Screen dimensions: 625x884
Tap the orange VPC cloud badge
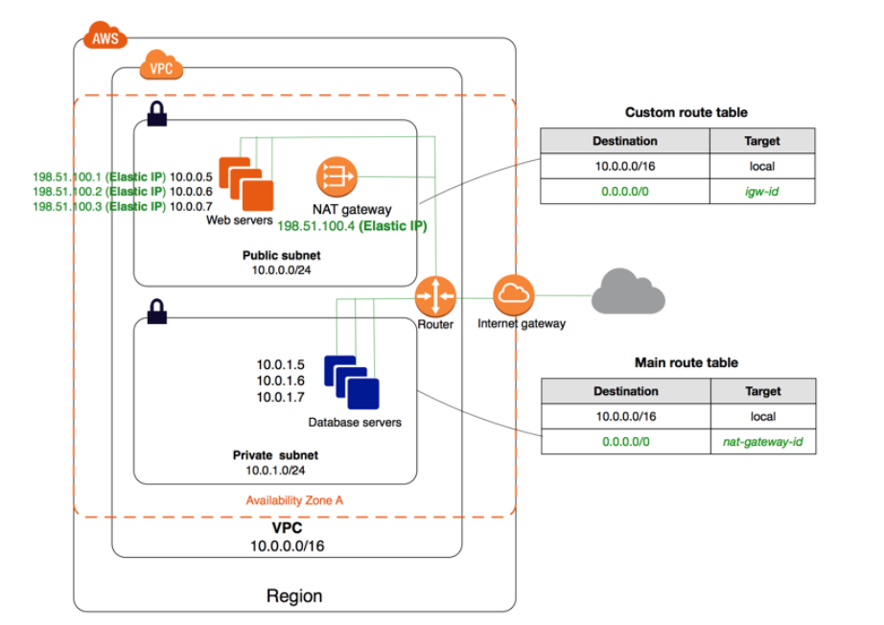click(x=161, y=69)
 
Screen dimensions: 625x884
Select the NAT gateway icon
click(x=337, y=176)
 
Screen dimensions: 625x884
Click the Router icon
click(x=435, y=296)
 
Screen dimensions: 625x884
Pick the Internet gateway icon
click(x=514, y=295)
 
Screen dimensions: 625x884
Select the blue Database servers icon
click(x=351, y=382)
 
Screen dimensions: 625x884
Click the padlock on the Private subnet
click(x=156, y=311)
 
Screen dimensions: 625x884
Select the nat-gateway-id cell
click(x=762, y=442)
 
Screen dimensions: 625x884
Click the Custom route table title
click(x=686, y=112)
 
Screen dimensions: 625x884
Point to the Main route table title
click(x=686, y=363)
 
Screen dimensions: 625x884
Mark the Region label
click(x=293, y=595)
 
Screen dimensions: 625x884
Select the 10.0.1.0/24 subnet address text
click(x=274, y=470)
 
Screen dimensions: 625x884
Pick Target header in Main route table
click(x=762, y=391)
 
